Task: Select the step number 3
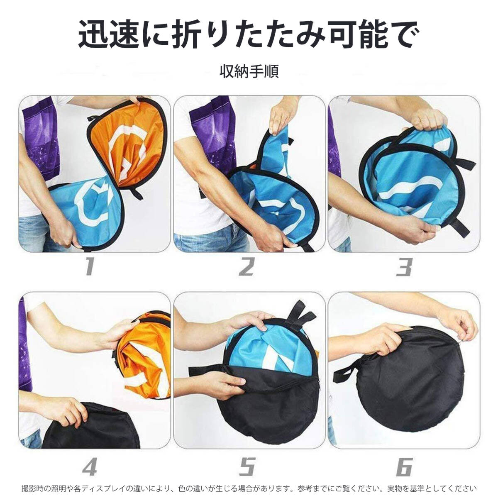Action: click(404, 267)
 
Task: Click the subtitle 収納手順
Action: click(249, 71)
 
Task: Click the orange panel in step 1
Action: click(129, 145)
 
